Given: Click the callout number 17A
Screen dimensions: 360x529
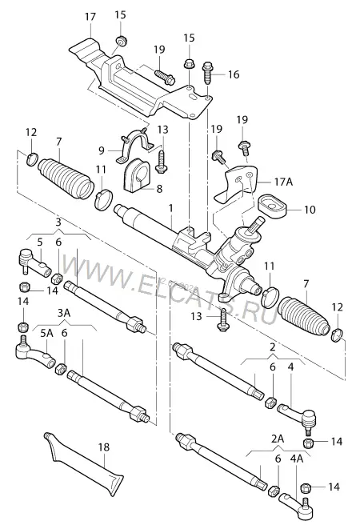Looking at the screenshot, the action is click(x=283, y=182).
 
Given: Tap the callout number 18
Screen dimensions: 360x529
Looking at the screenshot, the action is click(x=104, y=447).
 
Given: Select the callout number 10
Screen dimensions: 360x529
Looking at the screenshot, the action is click(x=310, y=210).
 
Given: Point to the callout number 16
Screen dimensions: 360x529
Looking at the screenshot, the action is click(x=234, y=74).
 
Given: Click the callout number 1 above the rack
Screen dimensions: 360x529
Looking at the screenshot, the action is click(x=171, y=208).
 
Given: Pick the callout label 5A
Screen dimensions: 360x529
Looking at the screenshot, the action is click(x=47, y=333).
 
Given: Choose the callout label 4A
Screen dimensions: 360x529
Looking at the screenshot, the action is click(x=296, y=459).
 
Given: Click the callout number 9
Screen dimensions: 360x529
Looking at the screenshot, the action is click(x=102, y=150).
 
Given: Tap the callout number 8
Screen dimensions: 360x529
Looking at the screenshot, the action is click(x=159, y=188).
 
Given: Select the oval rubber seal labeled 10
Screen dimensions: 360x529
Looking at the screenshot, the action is click(x=273, y=206).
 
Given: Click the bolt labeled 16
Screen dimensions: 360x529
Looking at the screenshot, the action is click(x=207, y=73).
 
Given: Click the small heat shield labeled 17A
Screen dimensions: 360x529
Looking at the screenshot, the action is click(x=238, y=182).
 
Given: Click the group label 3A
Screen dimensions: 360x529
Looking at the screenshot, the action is click(x=63, y=313).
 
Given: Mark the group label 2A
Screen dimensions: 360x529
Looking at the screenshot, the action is click(x=278, y=439).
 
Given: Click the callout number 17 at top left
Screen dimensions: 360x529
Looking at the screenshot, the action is click(x=90, y=16).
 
